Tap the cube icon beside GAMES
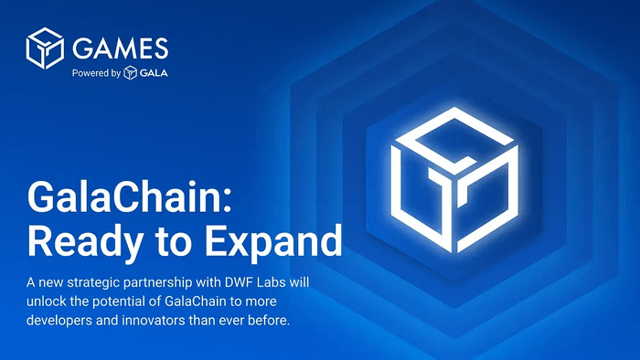click(44, 47)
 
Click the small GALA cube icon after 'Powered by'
click(131, 73)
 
